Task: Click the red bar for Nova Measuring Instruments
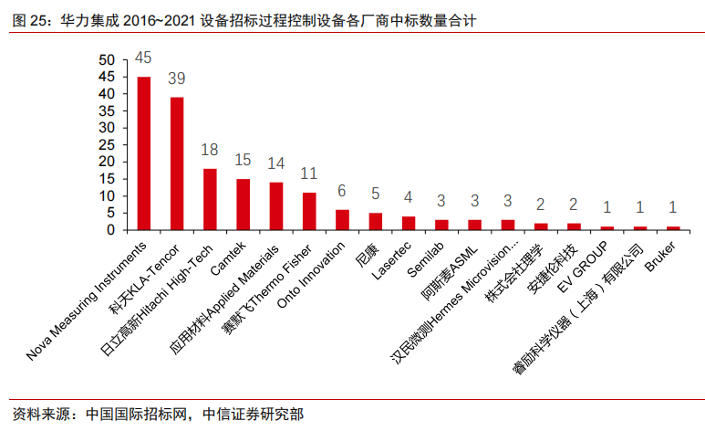click(x=143, y=153)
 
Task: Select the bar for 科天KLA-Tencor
click(x=177, y=163)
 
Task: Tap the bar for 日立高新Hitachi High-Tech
click(x=210, y=199)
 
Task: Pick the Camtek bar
click(x=243, y=205)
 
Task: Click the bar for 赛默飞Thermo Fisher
click(x=309, y=211)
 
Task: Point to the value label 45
click(x=143, y=58)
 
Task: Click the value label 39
click(x=177, y=78)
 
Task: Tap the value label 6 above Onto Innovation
click(x=342, y=190)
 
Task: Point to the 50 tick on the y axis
click(x=107, y=60)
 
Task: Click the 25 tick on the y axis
click(x=107, y=145)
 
